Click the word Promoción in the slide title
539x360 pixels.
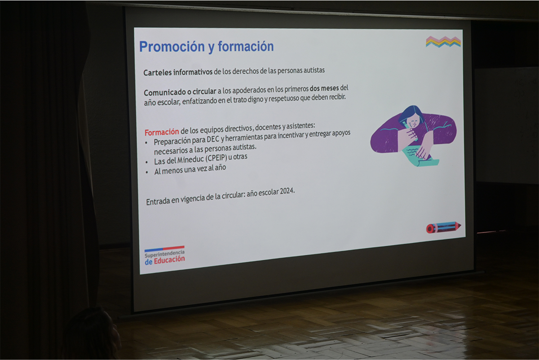[172, 46]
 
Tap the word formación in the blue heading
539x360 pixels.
[246, 46]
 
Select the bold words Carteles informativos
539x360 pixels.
[178, 72]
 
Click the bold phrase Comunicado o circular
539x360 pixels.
[180, 92]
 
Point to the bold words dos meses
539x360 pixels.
[324, 89]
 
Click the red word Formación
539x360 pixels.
[162, 132]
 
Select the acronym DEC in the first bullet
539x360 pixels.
[213, 139]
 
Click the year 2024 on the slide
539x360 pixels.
[287, 191]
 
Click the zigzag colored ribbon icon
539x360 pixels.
[443, 42]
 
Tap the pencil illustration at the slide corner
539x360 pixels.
[443, 227]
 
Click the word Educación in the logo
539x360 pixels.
[169, 260]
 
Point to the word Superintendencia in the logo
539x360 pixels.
[164, 254]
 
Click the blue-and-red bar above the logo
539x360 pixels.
[164, 249]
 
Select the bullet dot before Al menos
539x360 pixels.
[147, 172]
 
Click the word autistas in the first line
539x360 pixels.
[314, 70]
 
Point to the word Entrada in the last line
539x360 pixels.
[158, 201]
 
